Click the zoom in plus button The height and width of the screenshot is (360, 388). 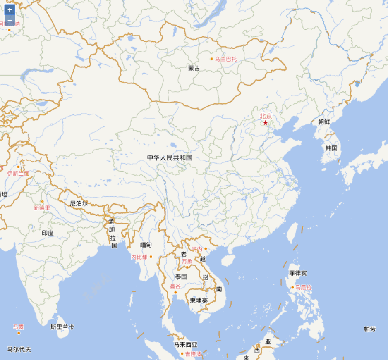point(10,10)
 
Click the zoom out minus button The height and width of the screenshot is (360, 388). point(10,20)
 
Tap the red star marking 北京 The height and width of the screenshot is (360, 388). point(266,123)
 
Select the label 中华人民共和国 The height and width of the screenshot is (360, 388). point(170,157)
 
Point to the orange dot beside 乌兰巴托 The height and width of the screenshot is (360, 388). point(211,59)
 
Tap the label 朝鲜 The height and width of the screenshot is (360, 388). point(324,122)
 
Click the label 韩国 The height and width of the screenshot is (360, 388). point(331,148)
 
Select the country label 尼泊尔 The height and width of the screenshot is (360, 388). point(79,203)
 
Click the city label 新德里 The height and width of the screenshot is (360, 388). point(42,208)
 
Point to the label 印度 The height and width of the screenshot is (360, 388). point(48,233)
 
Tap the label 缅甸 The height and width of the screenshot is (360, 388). point(146,245)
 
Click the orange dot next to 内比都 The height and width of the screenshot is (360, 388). point(151,257)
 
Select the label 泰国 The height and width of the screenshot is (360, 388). point(181,277)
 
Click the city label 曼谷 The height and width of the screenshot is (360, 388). point(175,286)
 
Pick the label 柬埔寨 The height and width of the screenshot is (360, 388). point(199,300)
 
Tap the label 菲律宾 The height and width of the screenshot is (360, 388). point(298,273)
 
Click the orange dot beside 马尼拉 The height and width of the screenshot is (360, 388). point(292,287)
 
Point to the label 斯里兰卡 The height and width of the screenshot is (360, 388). point(62,327)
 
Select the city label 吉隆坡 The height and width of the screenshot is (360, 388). point(193,354)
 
